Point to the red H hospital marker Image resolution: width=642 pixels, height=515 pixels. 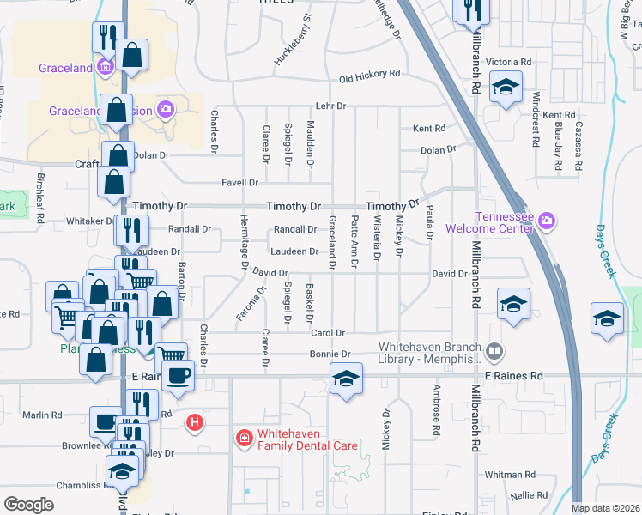pyautogui.click(x=196, y=422)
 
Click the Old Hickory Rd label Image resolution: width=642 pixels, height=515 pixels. pyautogui.click(x=370, y=76)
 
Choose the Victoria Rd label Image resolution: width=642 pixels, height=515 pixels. pyautogui.click(x=509, y=63)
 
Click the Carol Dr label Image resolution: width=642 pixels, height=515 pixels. pyautogui.click(x=327, y=333)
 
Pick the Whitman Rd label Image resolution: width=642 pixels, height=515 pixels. pyautogui.click(x=509, y=475)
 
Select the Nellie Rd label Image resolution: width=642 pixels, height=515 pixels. pyautogui.click(x=529, y=495)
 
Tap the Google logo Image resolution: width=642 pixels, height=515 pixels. pyautogui.click(x=28, y=505)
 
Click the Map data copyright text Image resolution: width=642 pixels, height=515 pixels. pyautogui.click(x=605, y=508)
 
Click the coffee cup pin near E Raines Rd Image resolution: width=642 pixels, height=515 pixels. pyautogui.click(x=178, y=376)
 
